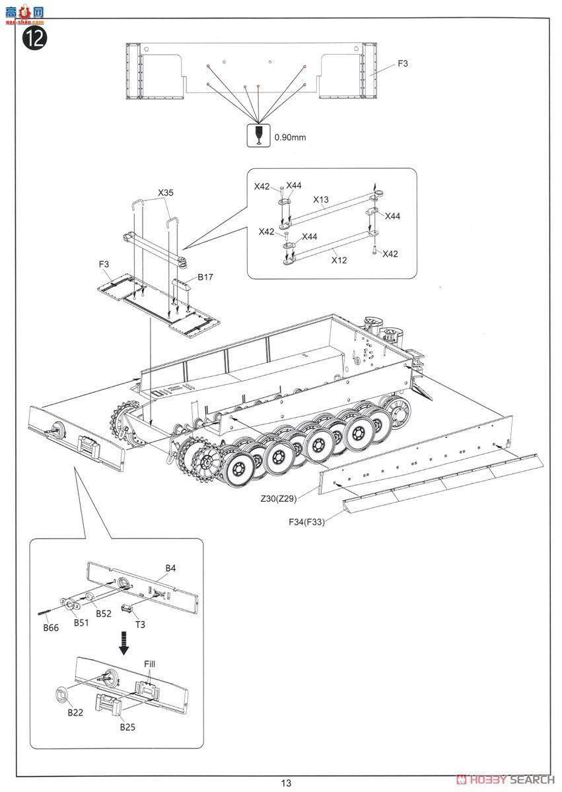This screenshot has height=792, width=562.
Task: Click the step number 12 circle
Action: pyautogui.click(x=35, y=38)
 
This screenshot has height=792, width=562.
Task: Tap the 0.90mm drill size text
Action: pyautogui.click(x=290, y=137)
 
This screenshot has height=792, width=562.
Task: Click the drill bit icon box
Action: pyautogui.click(x=258, y=135)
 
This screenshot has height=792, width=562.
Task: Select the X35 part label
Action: pyautogui.click(x=166, y=193)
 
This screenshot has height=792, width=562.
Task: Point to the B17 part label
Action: pyautogui.click(x=205, y=277)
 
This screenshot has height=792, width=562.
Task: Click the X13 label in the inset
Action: pyautogui.click(x=321, y=199)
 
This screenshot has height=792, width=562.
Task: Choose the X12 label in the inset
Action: pyautogui.click(x=339, y=260)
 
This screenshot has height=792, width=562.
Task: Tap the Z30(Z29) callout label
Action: pyautogui.click(x=279, y=498)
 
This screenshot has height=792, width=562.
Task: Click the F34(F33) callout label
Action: pyautogui.click(x=306, y=522)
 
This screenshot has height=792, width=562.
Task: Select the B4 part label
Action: pyautogui.click(x=170, y=568)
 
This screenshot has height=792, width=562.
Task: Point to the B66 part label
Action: pyautogui.click(x=51, y=628)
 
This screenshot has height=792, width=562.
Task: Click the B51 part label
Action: pyautogui.click(x=81, y=622)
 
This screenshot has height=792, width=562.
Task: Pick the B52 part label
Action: pyautogui.click(x=104, y=614)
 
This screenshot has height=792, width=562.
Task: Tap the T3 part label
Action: pyautogui.click(x=141, y=625)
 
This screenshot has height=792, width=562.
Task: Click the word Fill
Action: pyautogui.click(x=150, y=664)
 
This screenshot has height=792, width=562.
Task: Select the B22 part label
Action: pyautogui.click(x=75, y=712)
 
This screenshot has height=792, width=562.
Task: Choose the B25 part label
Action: pyautogui.click(x=127, y=727)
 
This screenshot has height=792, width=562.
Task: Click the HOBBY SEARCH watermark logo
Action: pyautogui.click(x=506, y=779)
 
